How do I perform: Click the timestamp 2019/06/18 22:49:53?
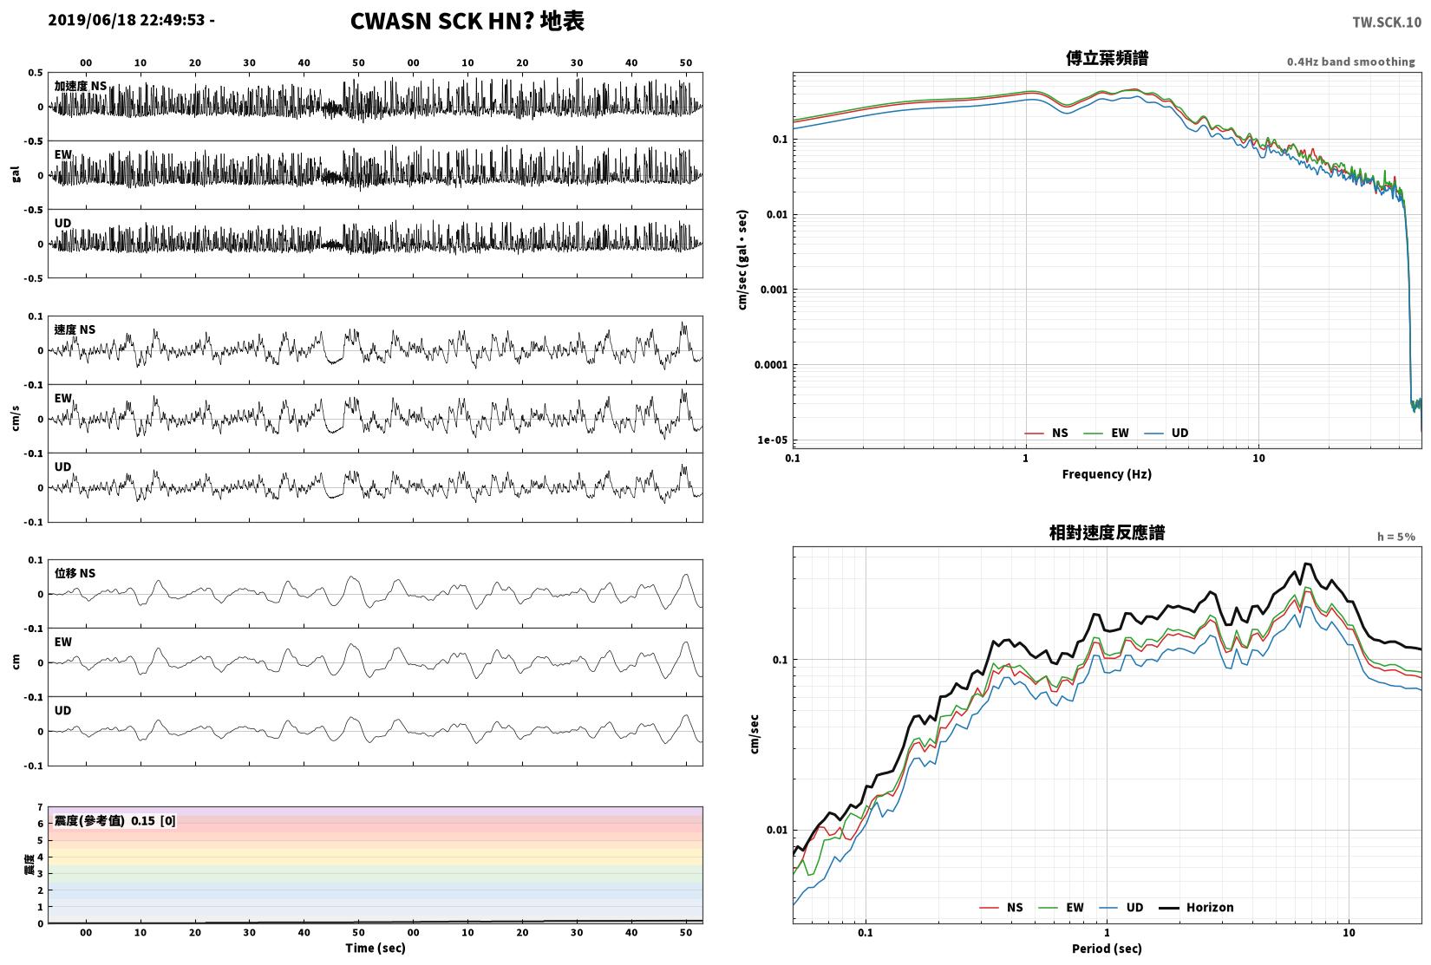127,20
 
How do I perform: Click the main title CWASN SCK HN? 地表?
467,21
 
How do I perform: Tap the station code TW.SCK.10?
1387,23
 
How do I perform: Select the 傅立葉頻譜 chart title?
1108,58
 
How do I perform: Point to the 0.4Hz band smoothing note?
1351,62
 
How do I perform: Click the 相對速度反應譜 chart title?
1108,532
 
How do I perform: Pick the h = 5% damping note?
1395,537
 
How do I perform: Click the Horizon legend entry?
1197,908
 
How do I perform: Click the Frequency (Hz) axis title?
1108,474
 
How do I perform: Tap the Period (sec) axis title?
1108,949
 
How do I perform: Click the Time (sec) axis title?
376,948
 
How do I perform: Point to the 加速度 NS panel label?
81,86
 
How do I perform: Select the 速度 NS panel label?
75,329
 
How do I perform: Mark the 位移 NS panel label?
75,573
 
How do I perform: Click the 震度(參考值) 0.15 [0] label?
115,821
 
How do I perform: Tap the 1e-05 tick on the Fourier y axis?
773,440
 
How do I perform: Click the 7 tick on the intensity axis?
40,807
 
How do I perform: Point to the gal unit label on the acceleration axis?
16,173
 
